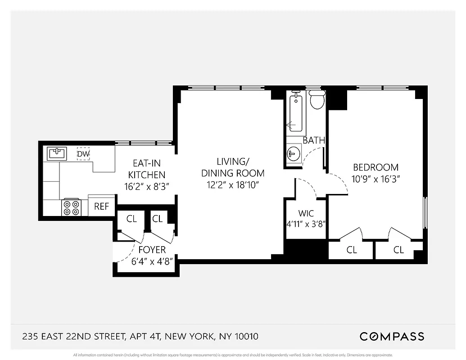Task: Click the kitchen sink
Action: tap(57, 153)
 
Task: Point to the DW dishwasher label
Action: tap(83, 154)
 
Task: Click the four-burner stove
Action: tap(71, 207)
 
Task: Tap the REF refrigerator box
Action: tap(101, 207)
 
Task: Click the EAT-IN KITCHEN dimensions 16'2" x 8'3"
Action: tap(146, 186)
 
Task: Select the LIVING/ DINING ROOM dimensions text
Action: tap(232, 184)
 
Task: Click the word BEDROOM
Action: tap(376, 167)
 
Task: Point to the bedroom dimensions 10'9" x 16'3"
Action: tap(376, 179)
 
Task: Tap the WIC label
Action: tap(306, 213)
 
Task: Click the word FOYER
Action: tap(152, 250)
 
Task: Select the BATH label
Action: tap(313, 140)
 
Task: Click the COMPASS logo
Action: tap(391, 336)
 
